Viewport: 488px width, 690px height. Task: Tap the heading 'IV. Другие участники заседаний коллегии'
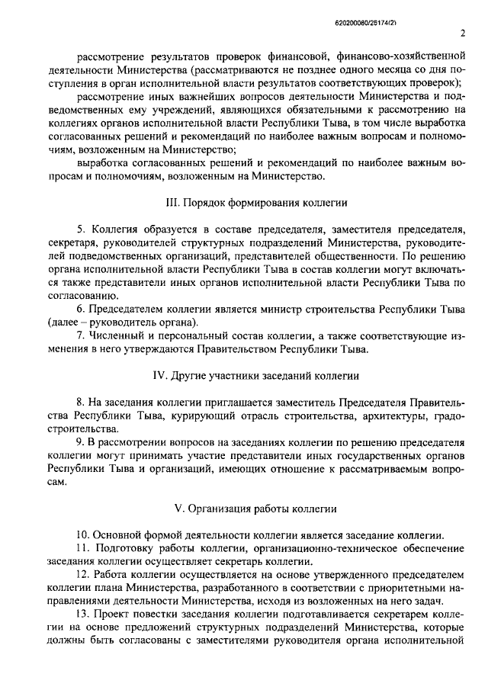[x=255, y=376]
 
